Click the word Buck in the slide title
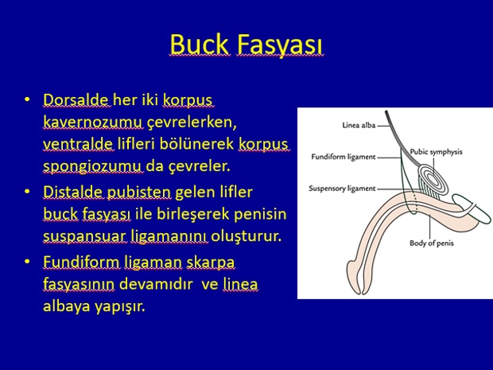(x=199, y=45)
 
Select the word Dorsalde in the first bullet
(x=76, y=100)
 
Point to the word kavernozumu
(x=93, y=122)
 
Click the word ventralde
(x=78, y=144)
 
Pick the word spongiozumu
(x=92, y=167)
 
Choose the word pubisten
(x=139, y=193)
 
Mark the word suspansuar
(x=84, y=236)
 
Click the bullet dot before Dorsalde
(x=27, y=99)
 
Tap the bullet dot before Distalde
(x=27, y=192)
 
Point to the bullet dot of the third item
(x=27, y=262)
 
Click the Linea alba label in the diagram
(x=359, y=125)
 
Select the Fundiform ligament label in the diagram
(x=344, y=157)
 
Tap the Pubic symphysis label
(x=436, y=152)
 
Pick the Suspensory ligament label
(x=342, y=189)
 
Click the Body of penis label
(x=432, y=243)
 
